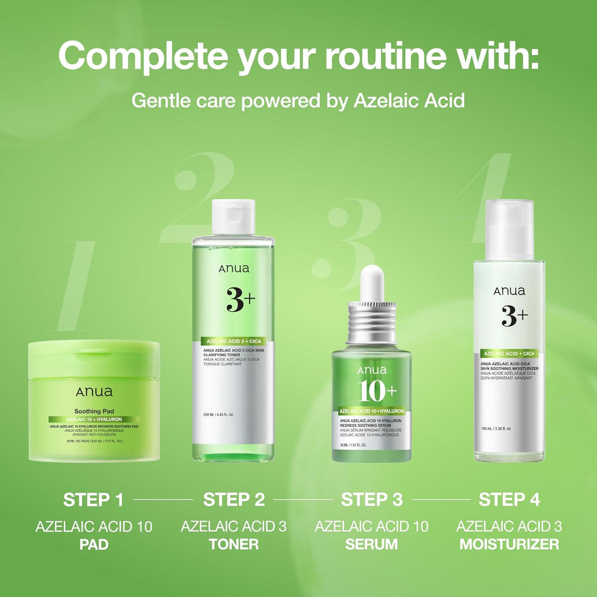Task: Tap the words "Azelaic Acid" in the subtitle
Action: (x=409, y=100)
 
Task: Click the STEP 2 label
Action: (x=234, y=500)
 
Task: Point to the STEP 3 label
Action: (x=372, y=500)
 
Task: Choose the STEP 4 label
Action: (x=509, y=500)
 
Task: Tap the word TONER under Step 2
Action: (x=234, y=545)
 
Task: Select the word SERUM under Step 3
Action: (x=372, y=545)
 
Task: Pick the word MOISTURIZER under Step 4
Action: (x=509, y=545)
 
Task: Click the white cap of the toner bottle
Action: (x=233, y=217)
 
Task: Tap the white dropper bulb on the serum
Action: (x=371, y=284)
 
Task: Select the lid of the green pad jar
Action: (x=94, y=357)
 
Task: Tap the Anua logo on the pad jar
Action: (x=94, y=392)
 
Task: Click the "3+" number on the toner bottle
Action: (x=240, y=300)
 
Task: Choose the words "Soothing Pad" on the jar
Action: (x=94, y=410)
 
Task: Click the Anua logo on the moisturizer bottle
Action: (x=509, y=291)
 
